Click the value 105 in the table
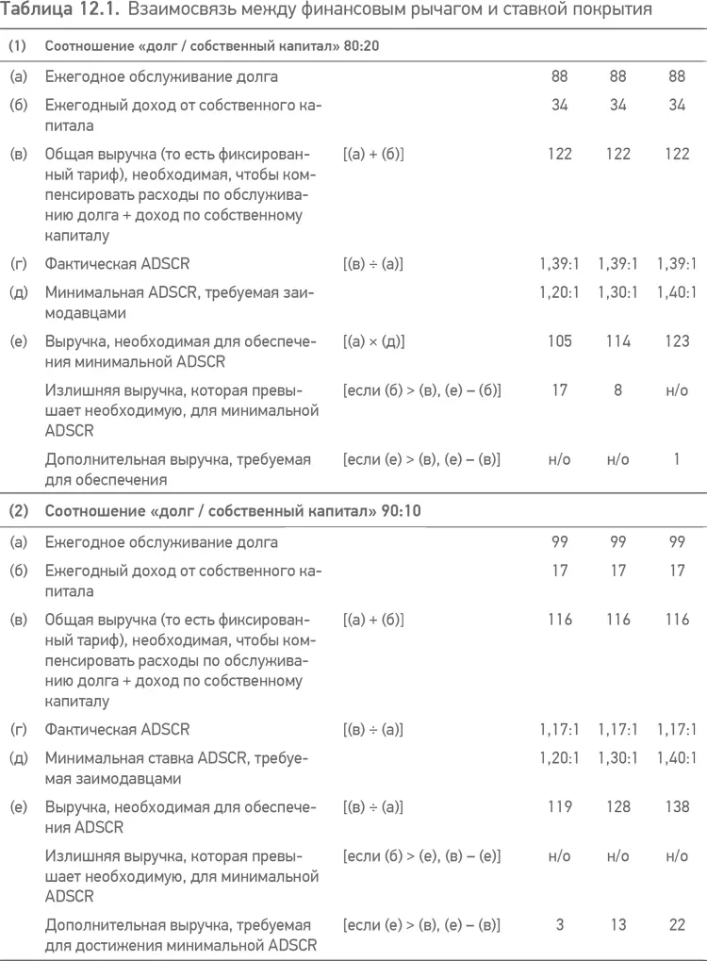click(559, 341)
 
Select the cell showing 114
click(617, 341)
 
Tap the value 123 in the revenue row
click(676, 341)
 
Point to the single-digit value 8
click(617, 389)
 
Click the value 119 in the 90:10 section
click(559, 807)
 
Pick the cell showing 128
click(617, 807)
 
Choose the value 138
click(676, 807)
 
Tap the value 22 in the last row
click(676, 925)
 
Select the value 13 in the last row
click(617, 925)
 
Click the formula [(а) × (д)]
click(373, 341)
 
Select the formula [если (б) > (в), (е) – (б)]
click(420, 389)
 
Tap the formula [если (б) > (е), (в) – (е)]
click(420, 855)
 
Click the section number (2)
click(18, 511)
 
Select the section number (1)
click(18, 45)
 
